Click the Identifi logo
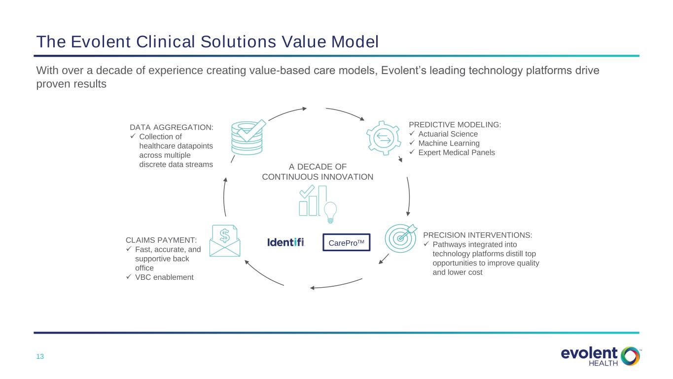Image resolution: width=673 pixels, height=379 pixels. pos(286,242)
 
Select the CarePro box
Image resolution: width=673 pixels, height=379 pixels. pos(347,242)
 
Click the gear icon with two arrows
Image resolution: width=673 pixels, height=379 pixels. pos(384,138)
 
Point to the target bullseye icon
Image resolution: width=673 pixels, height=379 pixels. pos(401,238)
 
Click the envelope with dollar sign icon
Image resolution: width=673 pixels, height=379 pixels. pos(225,241)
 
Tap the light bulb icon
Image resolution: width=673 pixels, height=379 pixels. pos(330,212)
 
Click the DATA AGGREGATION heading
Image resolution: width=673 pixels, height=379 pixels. pos(172,127)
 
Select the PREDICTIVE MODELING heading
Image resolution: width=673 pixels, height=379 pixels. pos(455,124)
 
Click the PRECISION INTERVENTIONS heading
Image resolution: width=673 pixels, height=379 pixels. pos(477,235)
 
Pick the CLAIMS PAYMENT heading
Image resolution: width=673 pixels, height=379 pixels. pos(161,240)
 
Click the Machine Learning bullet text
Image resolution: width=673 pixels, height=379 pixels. pos(449,143)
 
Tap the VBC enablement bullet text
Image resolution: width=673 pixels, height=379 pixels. pos(164,277)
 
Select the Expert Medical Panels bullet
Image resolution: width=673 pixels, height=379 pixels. pos(457,152)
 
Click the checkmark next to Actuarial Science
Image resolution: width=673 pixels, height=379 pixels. pos(412,133)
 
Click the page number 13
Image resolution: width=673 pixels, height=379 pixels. pos(40,356)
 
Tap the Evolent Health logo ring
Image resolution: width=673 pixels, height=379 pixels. pos(630,356)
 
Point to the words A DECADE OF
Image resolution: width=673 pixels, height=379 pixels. pos(318,167)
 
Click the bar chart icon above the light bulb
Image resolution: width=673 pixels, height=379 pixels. pos(313,200)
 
